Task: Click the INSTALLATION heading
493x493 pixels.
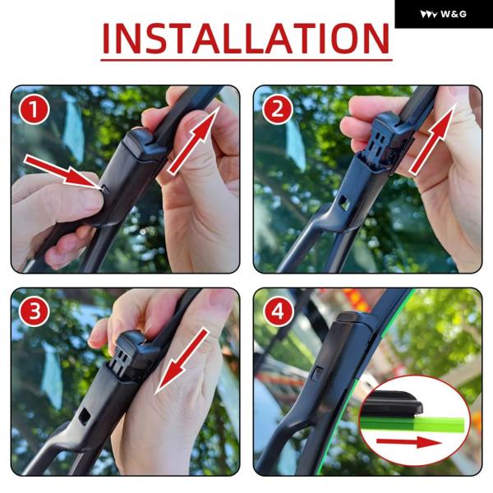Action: pos(246,39)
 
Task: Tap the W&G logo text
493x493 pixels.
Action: pos(454,14)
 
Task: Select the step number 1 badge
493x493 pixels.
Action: pos(34,110)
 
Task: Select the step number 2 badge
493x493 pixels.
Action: pos(278,110)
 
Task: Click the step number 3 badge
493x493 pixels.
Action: pos(34,311)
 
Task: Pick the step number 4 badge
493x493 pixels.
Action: pos(278,311)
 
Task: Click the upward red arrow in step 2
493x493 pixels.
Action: pos(433,139)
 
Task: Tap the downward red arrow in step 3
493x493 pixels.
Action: pos(182,361)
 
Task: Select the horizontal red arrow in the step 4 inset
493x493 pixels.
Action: pos(408,443)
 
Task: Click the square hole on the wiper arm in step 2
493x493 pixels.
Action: pos(343,202)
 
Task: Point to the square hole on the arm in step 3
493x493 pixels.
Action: pos(85,416)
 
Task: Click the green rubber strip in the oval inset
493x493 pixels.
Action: pos(412,424)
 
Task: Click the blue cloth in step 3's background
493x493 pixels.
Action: pos(52,376)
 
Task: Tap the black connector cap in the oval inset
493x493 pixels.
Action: pos(392,403)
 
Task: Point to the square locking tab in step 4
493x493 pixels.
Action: pos(317,374)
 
